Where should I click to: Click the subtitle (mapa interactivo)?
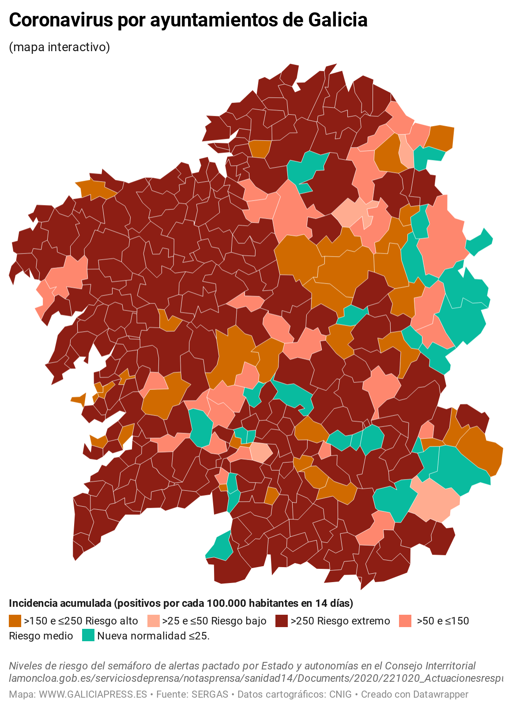pos(59,47)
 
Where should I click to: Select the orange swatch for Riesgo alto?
pos(15,621)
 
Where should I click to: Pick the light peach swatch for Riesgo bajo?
pos(153,621)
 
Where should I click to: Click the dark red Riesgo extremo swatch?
pos(282,621)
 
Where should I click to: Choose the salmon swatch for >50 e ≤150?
pos(404,621)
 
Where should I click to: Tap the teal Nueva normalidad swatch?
pos(88,636)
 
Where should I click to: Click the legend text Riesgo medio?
pos(41,636)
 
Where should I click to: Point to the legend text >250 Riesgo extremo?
pos(340,621)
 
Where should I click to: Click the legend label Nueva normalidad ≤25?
pos(153,636)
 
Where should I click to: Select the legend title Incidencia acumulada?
pos(60,603)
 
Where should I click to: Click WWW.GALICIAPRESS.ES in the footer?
pos(93,694)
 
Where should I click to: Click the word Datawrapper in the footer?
pos(440,694)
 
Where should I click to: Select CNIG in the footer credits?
pos(340,694)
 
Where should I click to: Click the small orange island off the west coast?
pos(79,399)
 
